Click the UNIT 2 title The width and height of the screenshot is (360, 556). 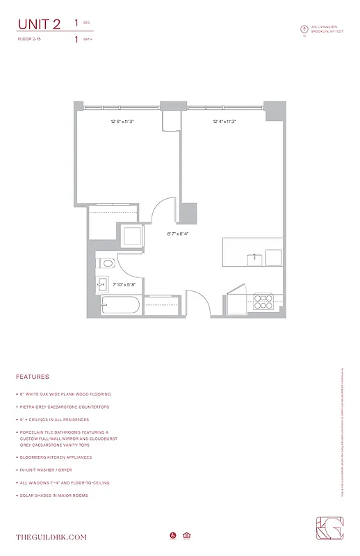(39, 24)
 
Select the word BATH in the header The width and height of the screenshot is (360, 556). (87, 40)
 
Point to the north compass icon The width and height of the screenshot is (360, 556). (304, 29)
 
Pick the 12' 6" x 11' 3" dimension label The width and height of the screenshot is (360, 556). (122, 122)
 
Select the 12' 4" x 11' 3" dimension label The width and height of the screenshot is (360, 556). (224, 122)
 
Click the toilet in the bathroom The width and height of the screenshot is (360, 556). (106, 263)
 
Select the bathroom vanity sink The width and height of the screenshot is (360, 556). (101, 284)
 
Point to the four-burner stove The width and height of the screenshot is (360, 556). (265, 302)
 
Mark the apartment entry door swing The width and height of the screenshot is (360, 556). (197, 304)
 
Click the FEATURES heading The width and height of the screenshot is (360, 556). (32, 377)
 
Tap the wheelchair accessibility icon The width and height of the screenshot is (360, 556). (172, 536)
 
